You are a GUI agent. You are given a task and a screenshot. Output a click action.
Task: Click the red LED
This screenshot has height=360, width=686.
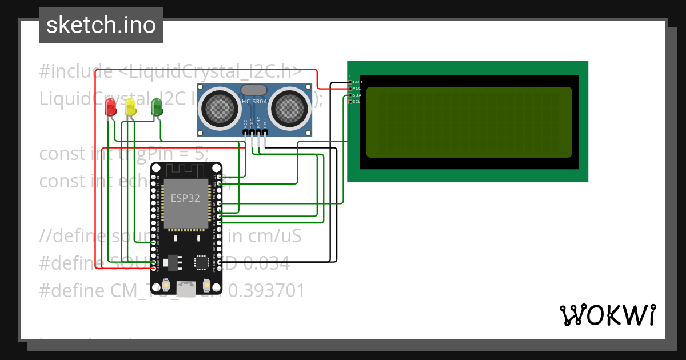[x=111, y=107]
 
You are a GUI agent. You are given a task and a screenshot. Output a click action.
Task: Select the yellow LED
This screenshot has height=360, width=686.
[x=130, y=107]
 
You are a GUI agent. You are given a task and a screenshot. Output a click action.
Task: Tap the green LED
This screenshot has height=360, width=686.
[x=156, y=106]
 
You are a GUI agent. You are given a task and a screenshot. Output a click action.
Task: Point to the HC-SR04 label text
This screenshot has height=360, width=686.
[x=254, y=102]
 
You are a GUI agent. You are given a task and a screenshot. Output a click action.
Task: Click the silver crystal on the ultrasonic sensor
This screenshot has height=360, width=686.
[x=254, y=90]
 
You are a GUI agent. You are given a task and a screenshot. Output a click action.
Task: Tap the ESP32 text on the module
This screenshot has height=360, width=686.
[x=185, y=198]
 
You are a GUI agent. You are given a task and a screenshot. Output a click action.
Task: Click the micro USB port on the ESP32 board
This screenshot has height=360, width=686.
[x=186, y=285]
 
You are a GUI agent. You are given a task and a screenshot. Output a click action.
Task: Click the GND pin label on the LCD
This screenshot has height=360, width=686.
[x=357, y=82]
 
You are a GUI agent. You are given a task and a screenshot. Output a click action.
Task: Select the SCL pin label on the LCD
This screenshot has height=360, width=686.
[x=357, y=102]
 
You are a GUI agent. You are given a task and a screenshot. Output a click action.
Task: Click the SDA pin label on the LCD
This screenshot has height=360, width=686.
[x=357, y=95]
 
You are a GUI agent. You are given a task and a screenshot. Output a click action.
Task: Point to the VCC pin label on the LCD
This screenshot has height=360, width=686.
[x=357, y=89]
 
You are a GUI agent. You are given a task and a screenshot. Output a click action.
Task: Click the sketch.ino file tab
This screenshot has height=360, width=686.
[x=101, y=25]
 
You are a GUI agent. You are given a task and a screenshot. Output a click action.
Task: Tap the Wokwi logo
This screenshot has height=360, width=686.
[x=607, y=315]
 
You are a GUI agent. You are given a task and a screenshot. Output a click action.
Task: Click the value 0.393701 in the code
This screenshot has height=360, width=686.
[x=266, y=291]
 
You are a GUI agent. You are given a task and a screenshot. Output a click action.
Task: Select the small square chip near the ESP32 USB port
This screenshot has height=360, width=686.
[x=201, y=262]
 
